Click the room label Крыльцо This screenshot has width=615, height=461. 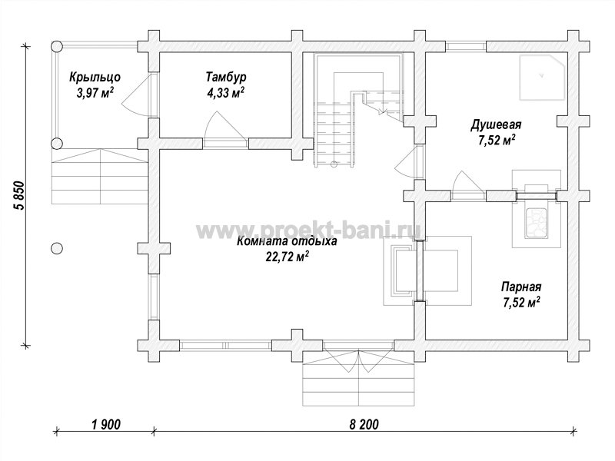[x=95, y=78]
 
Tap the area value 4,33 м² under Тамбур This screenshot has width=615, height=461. [x=225, y=93]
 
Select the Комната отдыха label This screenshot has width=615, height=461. [x=287, y=240]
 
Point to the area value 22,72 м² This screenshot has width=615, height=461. [x=287, y=257]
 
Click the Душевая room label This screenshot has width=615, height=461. [x=496, y=125]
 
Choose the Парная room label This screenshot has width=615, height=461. [x=521, y=287]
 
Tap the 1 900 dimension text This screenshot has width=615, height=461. [x=105, y=424]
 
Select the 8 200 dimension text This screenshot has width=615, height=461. [x=364, y=424]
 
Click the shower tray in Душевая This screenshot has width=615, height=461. [x=544, y=78]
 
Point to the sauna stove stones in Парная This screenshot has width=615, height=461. [x=536, y=223]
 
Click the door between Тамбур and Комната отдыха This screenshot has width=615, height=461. [x=225, y=129]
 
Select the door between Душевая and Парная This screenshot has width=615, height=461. [x=468, y=184]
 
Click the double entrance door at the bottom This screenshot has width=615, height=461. [x=358, y=356]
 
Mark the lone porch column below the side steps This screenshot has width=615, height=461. [x=57, y=248]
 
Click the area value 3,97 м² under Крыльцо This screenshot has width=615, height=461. [x=95, y=93]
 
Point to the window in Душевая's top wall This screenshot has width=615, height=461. [x=466, y=46]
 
